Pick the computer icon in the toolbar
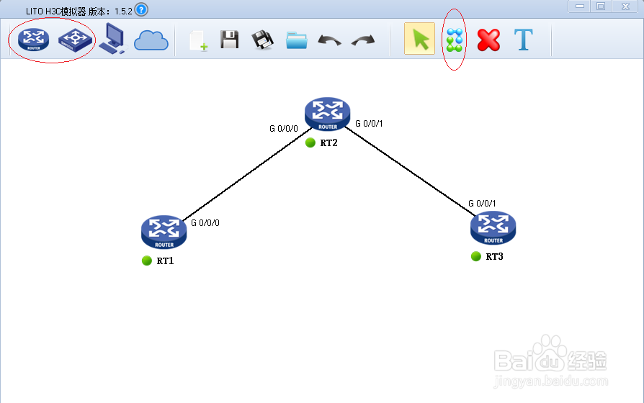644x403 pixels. [x=112, y=39]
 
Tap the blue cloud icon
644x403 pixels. [x=151, y=40]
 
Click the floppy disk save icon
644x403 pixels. [x=230, y=40]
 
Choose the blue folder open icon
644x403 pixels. [x=296, y=40]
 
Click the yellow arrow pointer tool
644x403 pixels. [x=419, y=39]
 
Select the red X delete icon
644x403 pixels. [x=488, y=40]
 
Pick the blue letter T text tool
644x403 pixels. [x=523, y=40]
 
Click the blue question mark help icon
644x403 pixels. [x=141, y=9]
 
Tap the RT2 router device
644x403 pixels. [x=327, y=114]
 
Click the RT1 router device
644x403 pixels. [x=164, y=231]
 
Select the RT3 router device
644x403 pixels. [x=493, y=227]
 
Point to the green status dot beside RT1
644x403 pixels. [x=147, y=261]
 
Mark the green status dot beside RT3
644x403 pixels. [x=476, y=256]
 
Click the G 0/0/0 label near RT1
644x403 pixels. [x=205, y=223]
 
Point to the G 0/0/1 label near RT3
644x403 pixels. [x=482, y=204]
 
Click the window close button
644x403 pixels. [x=624, y=6]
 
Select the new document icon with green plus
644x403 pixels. [x=198, y=40]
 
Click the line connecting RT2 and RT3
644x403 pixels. [x=411, y=170]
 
